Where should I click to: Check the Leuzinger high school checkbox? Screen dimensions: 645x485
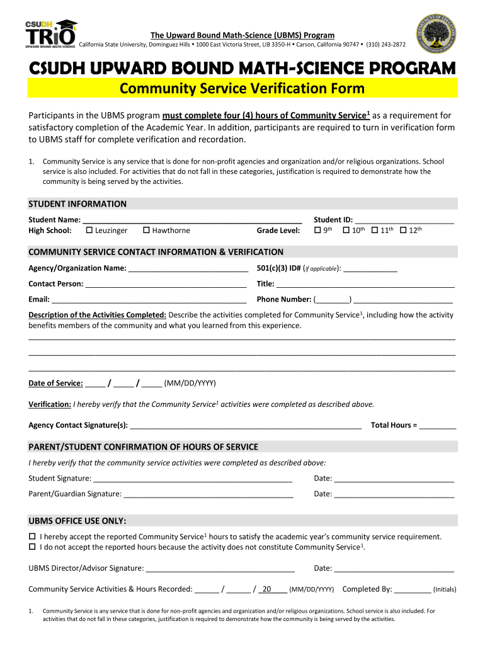[89, 231]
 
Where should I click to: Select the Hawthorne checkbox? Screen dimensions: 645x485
[146, 231]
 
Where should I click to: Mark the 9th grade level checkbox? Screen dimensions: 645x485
[317, 231]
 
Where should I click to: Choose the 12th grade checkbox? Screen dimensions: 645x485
[403, 231]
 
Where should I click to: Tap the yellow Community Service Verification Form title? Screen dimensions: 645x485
[243, 89]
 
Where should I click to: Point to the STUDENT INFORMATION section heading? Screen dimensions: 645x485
[77, 204]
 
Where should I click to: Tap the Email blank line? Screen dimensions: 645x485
[149, 300]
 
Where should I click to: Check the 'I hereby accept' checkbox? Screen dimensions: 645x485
[32, 537]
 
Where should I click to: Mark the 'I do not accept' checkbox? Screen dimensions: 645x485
[32, 547]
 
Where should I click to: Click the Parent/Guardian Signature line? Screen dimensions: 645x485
[208, 494]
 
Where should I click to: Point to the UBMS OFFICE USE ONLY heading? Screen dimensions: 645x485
[77, 522]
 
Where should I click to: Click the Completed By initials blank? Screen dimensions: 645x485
[413, 590]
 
